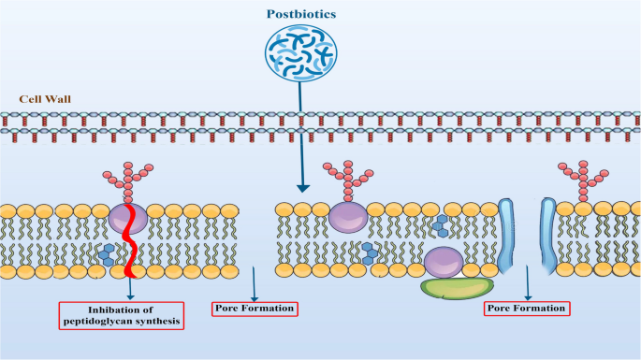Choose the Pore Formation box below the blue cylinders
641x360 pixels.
527,308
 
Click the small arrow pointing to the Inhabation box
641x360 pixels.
130,285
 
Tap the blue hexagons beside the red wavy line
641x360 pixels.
109,251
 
